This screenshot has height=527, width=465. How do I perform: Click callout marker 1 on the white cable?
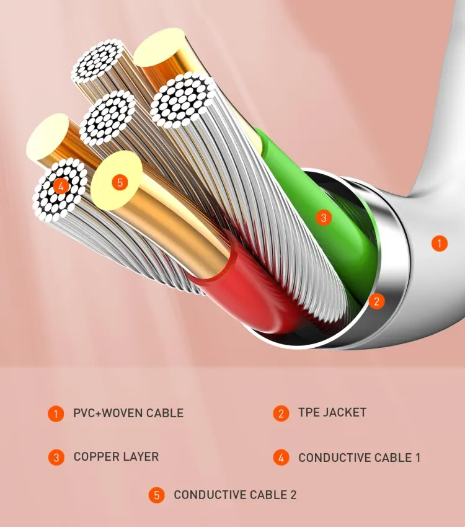tap(439, 244)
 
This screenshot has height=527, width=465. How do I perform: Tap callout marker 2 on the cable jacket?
tap(376, 301)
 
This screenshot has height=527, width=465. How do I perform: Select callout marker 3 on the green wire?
tap(322, 218)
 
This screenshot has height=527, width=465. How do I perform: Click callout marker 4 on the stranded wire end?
tap(61, 185)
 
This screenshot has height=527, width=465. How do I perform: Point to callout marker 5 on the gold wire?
tap(120, 182)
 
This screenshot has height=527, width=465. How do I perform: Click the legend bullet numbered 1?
tap(56, 414)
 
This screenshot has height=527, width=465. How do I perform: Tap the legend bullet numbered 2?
tap(281, 414)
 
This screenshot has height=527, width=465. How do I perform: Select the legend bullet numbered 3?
tap(56, 458)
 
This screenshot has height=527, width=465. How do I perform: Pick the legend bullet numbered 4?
tap(281, 458)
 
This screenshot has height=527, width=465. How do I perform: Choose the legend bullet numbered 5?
tap(156, 495)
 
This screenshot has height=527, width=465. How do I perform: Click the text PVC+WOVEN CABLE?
tap(128, 413)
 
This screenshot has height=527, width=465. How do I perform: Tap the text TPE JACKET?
tap(332, 412)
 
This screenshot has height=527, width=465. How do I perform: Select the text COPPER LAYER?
tap(116, 457)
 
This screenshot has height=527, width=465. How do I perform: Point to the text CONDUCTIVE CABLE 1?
tap(359, 458)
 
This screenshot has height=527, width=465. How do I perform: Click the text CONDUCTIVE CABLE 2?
tap(235, 495)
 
